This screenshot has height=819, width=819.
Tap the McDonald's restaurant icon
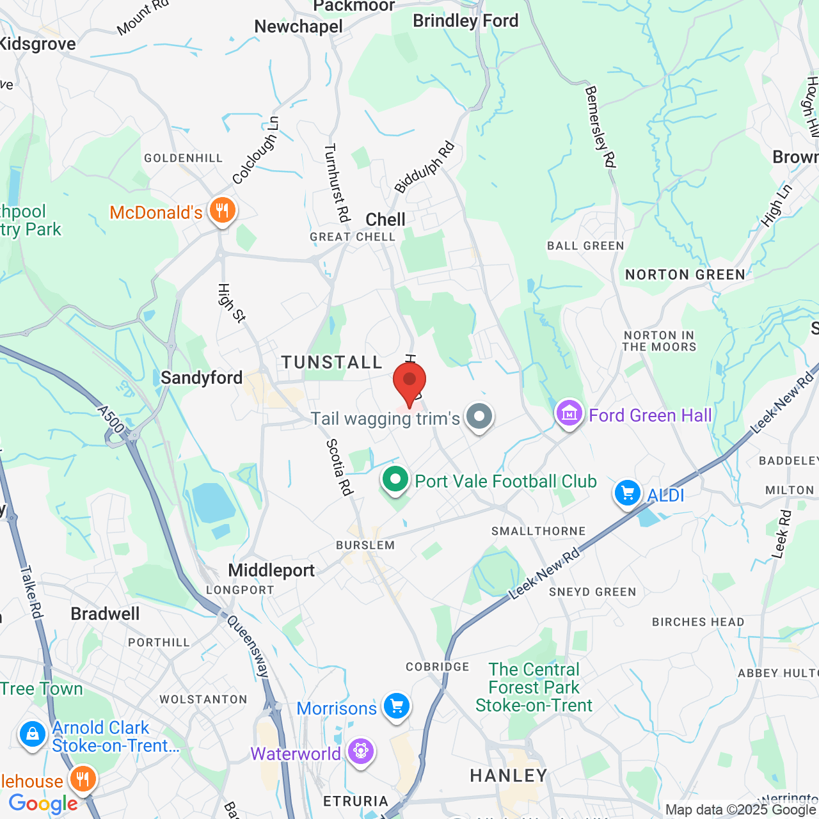tap(222, 209)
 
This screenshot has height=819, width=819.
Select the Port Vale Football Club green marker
tap(395, 479)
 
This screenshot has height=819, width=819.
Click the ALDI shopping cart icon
tap(627, 493)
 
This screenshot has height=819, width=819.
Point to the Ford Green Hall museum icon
tap(569, 414)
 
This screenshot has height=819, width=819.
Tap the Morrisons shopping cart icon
tap(397, 706)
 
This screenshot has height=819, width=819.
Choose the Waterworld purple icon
tap(361, 751)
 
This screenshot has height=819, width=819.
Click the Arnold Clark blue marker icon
tap(32, 734)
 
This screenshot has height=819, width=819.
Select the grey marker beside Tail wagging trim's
tap(479, 417)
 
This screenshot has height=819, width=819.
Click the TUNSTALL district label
tap(332, 363)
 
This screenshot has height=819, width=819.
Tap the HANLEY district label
tap(509, 776)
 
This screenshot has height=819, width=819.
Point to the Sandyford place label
tap(202, 378)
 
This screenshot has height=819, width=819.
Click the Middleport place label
tap(271, 570)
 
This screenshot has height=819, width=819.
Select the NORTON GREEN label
tap(685, 275)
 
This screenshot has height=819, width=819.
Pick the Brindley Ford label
tap(465, 21)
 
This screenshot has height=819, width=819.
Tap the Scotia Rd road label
tap(339, 467)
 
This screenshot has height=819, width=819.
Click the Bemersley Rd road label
tap(600, 127)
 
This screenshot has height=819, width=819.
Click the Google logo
tap(43, 804)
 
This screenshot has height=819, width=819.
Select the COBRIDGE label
tap(438, 667)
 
